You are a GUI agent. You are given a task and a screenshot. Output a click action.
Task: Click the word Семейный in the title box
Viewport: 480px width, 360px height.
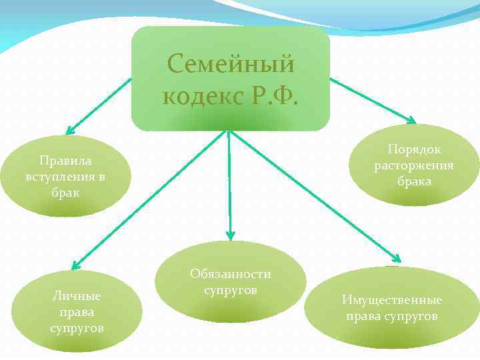231,64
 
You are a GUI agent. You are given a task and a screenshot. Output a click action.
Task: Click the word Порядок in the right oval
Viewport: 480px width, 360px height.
413,150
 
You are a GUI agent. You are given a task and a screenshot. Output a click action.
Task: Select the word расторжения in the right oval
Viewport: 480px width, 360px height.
413,165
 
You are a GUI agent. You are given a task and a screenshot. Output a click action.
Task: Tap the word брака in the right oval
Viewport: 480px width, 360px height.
413,181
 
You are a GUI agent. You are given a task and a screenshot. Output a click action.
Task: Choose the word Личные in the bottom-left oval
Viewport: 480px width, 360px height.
77,297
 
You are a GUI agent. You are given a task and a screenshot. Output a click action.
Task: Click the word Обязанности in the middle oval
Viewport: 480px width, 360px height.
230,274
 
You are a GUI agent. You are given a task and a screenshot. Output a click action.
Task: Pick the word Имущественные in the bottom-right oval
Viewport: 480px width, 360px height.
391,301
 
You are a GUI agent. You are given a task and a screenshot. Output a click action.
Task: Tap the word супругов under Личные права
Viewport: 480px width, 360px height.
77,328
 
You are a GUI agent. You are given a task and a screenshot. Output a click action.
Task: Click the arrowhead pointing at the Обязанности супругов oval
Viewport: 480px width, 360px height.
230,235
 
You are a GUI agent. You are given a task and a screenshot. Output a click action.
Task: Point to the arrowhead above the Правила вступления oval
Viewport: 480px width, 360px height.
69,131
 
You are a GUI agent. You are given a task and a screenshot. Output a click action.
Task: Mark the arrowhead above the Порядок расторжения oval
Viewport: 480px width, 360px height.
411,121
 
